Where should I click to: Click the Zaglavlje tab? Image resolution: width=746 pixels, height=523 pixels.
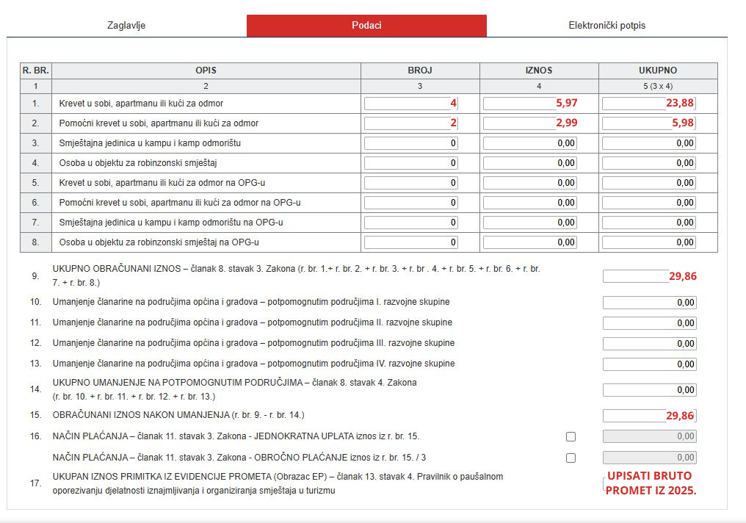[126, 26]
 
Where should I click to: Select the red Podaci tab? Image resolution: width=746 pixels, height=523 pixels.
[366, 26]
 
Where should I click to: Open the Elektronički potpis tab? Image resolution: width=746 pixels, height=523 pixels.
[606, 26]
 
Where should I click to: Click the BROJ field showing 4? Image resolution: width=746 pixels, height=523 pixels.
[411, 104]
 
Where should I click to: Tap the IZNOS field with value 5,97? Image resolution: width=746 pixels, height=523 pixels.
[530, 104]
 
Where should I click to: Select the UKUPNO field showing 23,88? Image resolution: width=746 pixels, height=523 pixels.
[649, 104]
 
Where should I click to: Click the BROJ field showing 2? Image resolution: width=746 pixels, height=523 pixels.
[411, 123]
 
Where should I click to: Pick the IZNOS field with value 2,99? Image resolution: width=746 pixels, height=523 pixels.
[530, 123]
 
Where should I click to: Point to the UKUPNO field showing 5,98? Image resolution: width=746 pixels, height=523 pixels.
[649, 123]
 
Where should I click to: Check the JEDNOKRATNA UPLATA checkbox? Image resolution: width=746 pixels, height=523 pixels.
[571, 437]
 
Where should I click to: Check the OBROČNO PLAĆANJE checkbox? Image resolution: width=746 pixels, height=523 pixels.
[571, 458]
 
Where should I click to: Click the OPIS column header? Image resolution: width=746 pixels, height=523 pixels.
[206, 71]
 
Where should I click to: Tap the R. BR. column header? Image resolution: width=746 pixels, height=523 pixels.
[35, 71]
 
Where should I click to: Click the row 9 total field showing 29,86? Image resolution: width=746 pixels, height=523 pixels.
[649, 276]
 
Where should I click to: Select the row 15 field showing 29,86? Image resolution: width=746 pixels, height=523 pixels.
[649, 416]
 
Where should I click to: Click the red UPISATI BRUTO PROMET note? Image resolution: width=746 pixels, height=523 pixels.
[651, 483]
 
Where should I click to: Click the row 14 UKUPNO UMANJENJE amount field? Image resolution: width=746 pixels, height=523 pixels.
[649, 390]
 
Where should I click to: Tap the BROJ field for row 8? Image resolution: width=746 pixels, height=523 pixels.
[411, 242]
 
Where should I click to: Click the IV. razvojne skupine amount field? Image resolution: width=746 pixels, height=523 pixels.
[649, 364]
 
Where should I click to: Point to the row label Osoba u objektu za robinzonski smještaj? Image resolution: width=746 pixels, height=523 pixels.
[139, 163]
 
